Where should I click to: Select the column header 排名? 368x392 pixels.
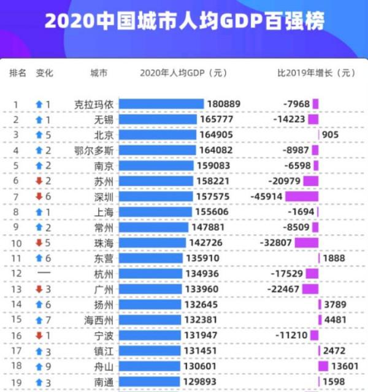[x=18, y=73]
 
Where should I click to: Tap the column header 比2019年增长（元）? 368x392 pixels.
[x=316, y=73]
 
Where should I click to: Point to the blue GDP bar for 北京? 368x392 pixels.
[x=157, y=135]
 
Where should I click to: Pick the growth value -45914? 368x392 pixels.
[x=265, y=196]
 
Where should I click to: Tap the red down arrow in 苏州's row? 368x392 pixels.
[x=39, y=181]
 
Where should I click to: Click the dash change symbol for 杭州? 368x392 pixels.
[x=44, y=273]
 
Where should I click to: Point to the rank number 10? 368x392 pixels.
[x=17, y=242]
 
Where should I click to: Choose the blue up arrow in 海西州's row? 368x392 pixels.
[x=39, y=319]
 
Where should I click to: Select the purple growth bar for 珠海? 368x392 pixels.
[x=306, y=242]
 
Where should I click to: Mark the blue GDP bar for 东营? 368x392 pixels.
[x=151, y=258]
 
